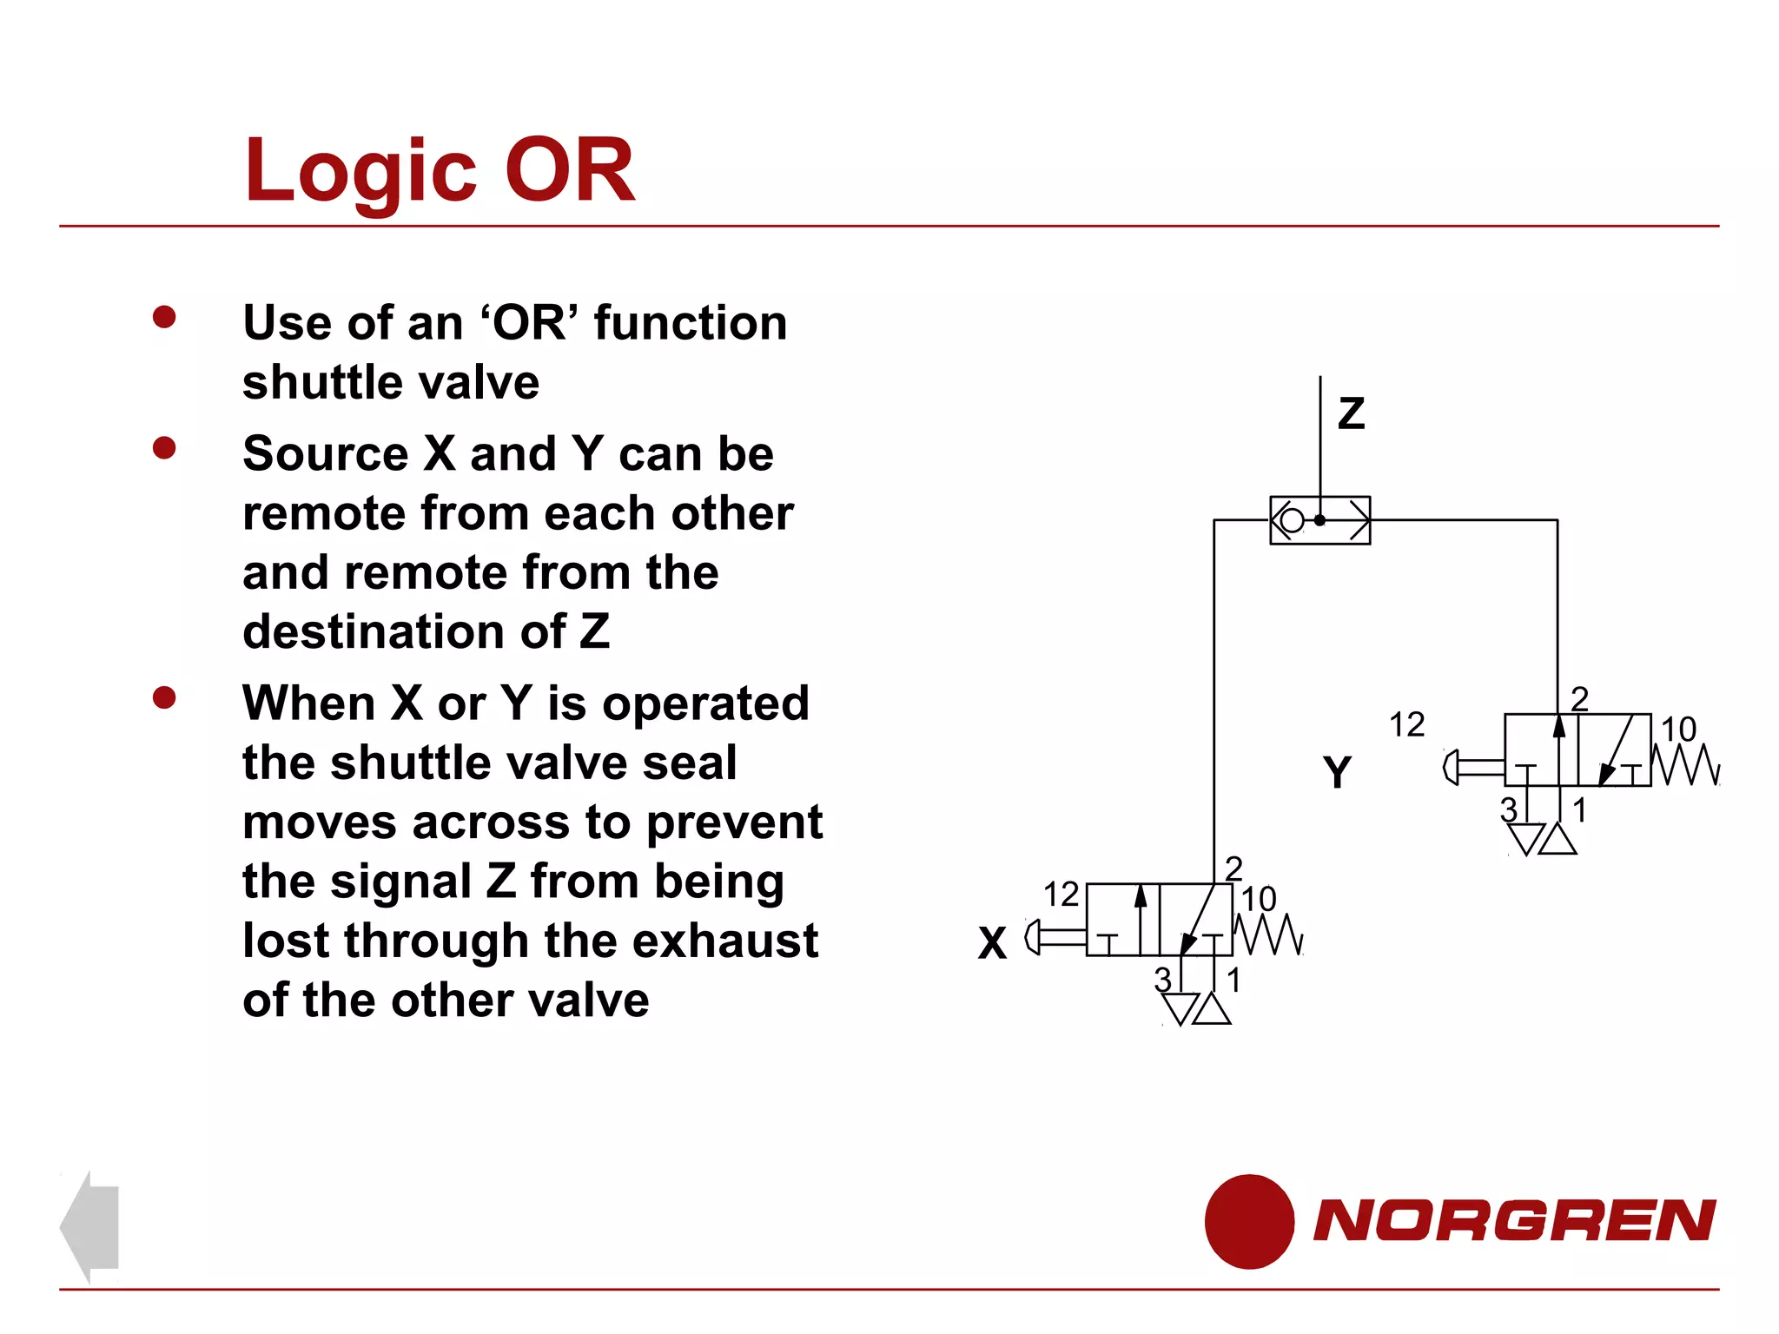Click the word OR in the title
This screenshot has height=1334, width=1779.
[570, 171]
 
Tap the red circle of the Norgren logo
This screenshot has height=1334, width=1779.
[1249, 1221]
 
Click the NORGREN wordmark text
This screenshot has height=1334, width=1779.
[1514, 1221]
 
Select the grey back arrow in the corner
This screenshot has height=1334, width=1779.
[89, 1226]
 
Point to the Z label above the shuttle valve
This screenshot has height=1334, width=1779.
[1351, 413]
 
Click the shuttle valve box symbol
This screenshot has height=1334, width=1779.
[1319, 520]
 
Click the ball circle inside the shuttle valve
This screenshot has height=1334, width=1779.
[1293, 520]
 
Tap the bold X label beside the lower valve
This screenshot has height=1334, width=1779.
[992, 943]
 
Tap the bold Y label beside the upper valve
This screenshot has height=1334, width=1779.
[1337, 772]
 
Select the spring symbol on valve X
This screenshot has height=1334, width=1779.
[1268, 934]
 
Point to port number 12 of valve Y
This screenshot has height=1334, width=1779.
[1406, 725]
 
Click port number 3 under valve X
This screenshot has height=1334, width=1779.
[1162, 980]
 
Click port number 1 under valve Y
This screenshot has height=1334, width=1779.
[1579, 810]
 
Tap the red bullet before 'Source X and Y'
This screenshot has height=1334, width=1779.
[164, 448]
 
